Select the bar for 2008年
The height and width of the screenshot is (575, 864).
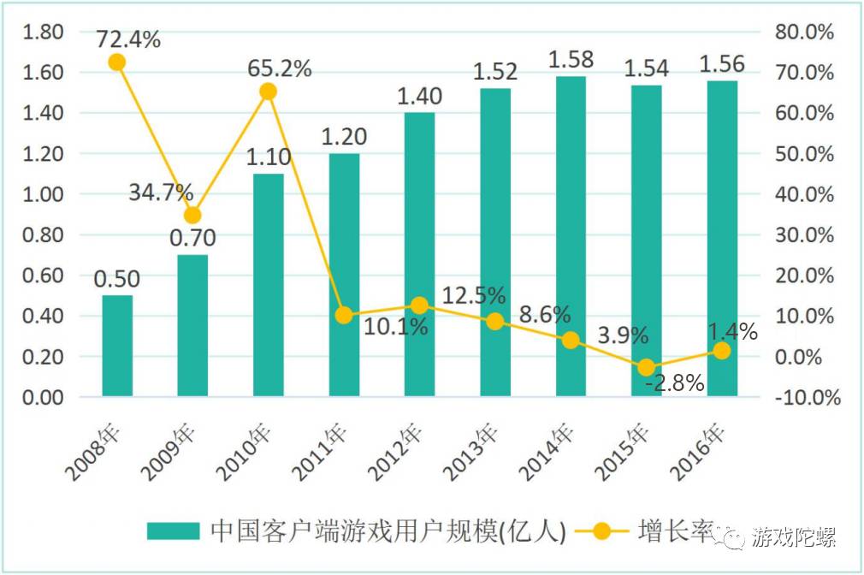click(x=117, y=346)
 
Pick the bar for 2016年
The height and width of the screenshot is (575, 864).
click(x=722, y=239)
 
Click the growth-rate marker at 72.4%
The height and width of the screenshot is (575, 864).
click(x=117, y=62)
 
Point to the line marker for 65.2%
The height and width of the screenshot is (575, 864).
click(x=269, y=92)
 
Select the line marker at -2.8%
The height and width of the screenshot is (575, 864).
click(x=647, y=367)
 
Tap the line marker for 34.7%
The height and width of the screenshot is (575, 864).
click(x=193, y=215)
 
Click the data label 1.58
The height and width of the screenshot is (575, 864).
click(x=571, y=61)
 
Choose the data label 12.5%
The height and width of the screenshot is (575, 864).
click(x=472, y=296)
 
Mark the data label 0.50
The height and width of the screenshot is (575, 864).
click(x=117, y=280)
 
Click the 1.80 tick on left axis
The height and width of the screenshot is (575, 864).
click(x=43, y=32)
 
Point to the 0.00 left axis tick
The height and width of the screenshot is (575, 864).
click(x=43, y=398)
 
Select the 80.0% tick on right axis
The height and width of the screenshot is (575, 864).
click(x=804, y=32)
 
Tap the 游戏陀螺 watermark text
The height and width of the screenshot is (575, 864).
click(x=793, y=537)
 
